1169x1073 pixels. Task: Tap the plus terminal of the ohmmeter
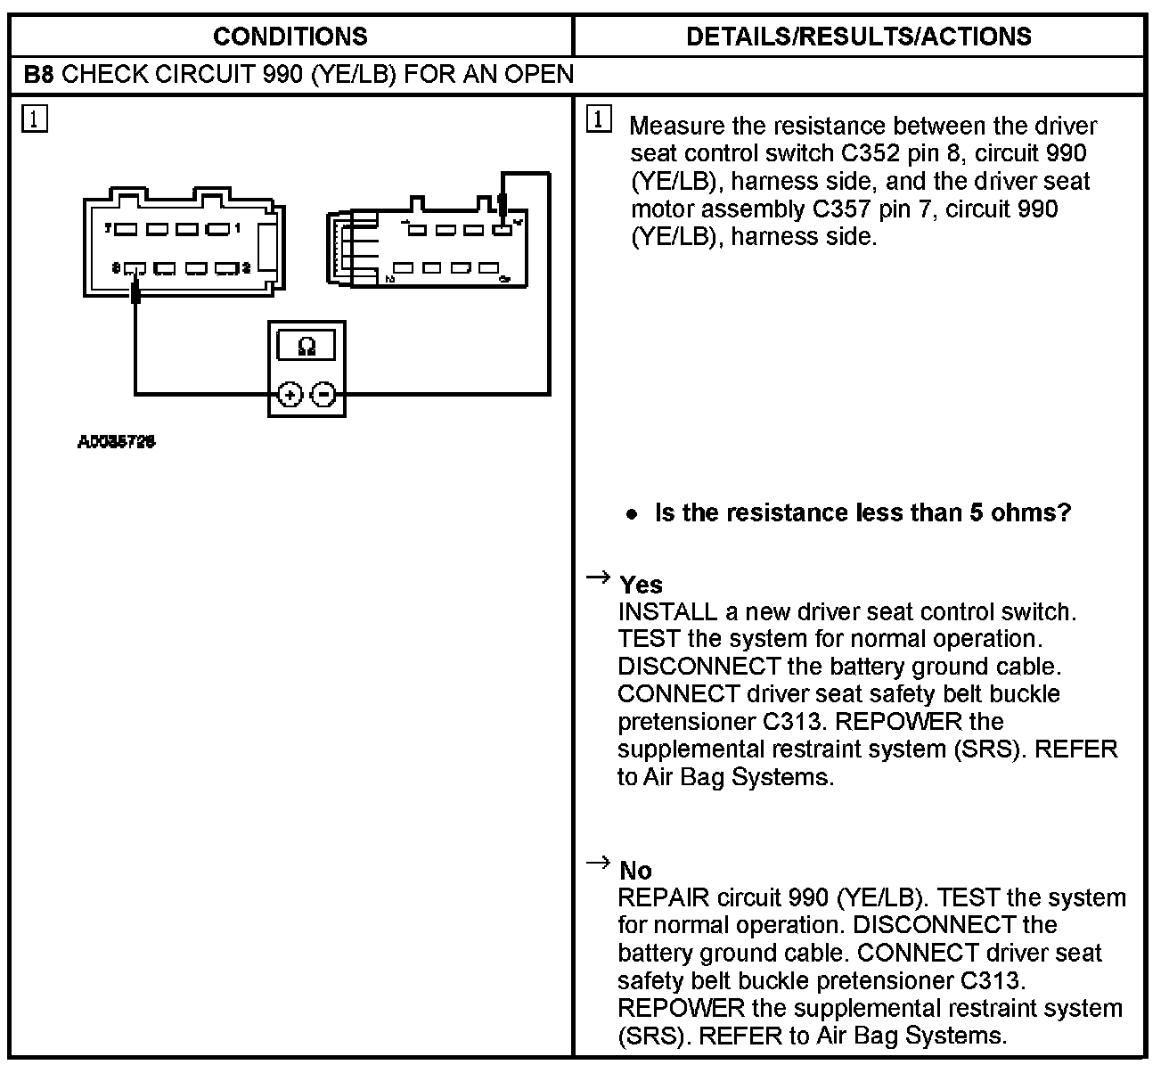pos(290,394)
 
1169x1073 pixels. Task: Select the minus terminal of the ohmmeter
pos(325,394)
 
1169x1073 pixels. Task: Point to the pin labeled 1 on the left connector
pos(217,229)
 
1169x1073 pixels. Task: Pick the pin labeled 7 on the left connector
pos(126,229)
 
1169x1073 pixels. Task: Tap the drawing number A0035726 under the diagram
pos(117,441)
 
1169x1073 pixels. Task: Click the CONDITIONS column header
pos(290,37)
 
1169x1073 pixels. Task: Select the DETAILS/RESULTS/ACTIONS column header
pos(859,37)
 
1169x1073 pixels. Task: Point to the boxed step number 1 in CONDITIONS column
pos(35,119)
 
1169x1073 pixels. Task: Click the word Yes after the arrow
pos(641,585)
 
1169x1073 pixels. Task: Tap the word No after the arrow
pos(635,871)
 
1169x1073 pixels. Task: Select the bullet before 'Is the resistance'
pos(632,514)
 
